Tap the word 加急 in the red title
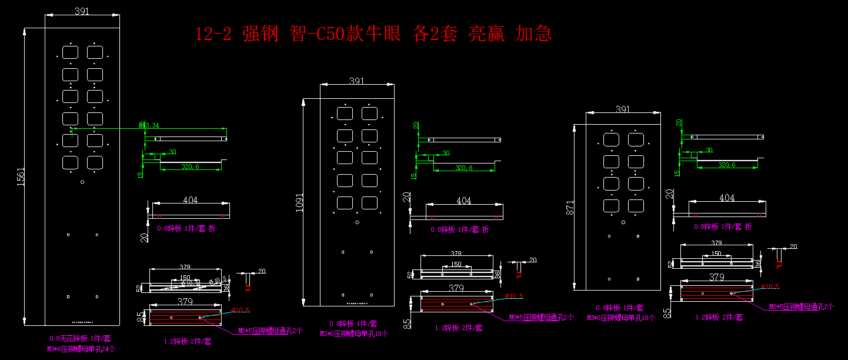pos(533,34)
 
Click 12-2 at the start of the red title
pos(213,34)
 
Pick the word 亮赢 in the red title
pos(486,34)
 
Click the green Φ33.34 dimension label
pos(149,125)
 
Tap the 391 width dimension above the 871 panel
pos(623,109)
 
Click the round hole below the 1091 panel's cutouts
pos(357,222)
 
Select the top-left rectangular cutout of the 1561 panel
pos(70,52)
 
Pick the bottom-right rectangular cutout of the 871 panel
pos(636,206)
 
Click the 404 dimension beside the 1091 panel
pos(464,201)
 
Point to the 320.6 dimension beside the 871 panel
pos(727,165)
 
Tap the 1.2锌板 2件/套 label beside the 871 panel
pos(719,318)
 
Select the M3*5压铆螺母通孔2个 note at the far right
pos(802,306)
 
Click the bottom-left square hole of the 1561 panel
pos(68,296)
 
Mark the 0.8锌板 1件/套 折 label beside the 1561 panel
pos(186,228)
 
